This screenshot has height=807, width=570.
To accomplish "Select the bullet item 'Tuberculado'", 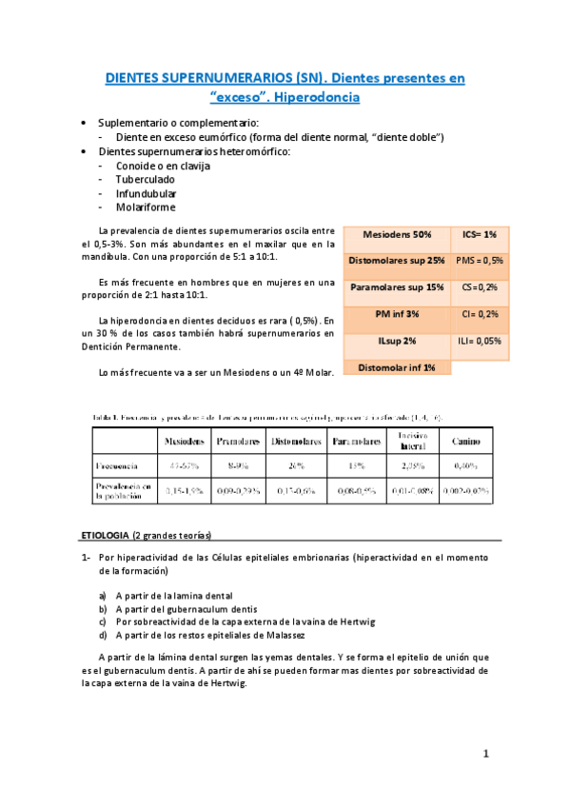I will [x=146, y=179].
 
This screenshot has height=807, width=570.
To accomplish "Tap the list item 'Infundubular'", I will [x=147, y=193].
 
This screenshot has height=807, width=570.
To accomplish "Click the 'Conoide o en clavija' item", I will [x=163, y=166].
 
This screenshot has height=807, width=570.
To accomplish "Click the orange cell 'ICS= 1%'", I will [x=479, y=234].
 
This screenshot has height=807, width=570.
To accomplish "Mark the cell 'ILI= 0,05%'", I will [x=479, y=341].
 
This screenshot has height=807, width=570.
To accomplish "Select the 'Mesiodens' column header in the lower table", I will [x=187, y=442].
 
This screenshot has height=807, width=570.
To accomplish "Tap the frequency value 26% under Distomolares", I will [x=295, y=466].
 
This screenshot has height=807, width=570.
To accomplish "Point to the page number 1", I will [x=485, y=754].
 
